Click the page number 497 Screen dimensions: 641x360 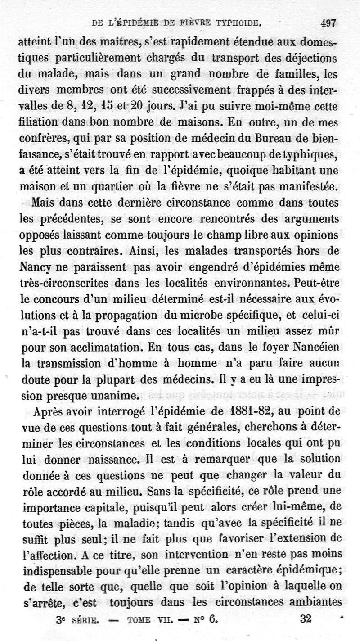coord(329,23)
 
